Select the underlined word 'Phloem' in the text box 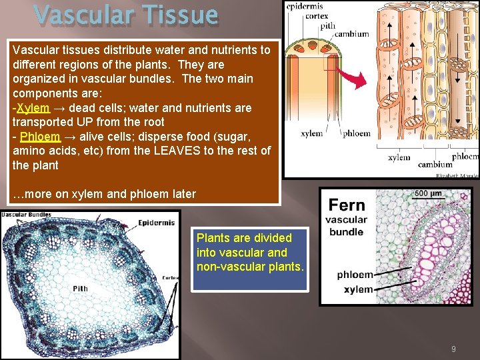(x=37, y=137)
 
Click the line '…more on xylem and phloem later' (x=105, y=194)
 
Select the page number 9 (x=453, y=349)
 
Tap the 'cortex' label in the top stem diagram (x=317, y=17)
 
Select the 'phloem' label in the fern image (x=355, y=275)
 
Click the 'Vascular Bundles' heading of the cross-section (x=26, y=214)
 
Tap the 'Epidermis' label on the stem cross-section (x=157, y=223)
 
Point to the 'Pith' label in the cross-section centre (x=81, y=289)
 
